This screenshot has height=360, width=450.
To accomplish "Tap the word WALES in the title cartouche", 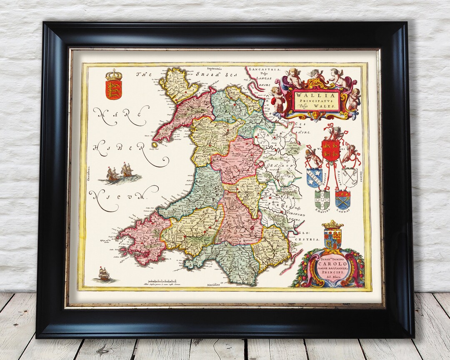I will tap(327, 107).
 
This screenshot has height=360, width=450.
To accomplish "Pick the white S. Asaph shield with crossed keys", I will tap(350, 177).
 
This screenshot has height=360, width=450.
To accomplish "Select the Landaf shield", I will tap(342, 199).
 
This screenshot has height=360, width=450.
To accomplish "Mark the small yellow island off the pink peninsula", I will tap(154, 145).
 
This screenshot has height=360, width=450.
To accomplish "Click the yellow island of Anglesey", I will tap(175, 85).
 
